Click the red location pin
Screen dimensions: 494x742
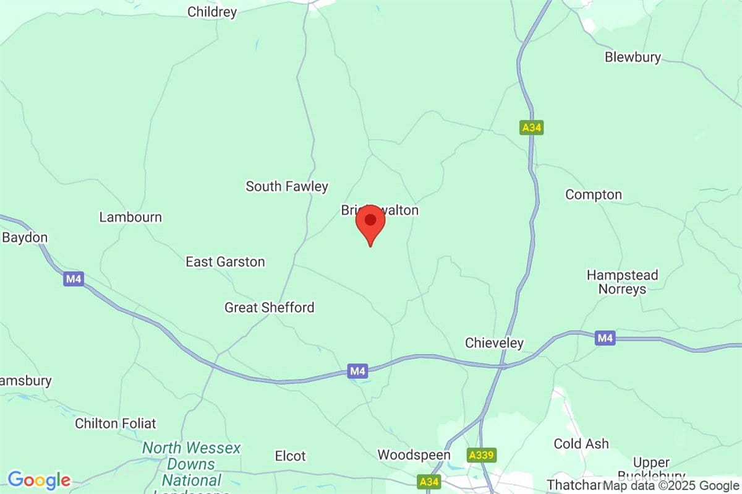370,223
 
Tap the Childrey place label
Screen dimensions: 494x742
212,12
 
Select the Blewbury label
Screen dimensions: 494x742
633,58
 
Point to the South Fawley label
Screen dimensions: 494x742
287,186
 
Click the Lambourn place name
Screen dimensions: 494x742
130,217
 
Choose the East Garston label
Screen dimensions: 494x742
225,262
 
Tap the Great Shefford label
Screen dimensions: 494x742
269,308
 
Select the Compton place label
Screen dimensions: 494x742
594,195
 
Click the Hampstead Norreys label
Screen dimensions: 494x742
622,282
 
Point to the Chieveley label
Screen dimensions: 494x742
494,343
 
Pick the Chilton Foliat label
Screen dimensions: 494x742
116,424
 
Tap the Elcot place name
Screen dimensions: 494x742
290,456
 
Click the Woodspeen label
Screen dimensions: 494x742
414,455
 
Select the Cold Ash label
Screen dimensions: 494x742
581,444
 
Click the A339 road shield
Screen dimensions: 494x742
482,455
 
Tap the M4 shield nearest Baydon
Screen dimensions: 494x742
74,279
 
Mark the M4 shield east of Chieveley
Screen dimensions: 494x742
605,338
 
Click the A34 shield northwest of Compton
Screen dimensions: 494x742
531,128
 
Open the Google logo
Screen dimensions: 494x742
39,480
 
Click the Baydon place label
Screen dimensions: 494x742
25,238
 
